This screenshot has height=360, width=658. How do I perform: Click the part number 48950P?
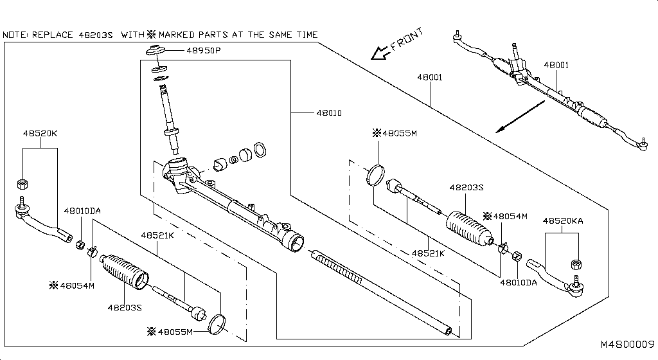203,50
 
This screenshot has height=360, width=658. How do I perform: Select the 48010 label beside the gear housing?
328,113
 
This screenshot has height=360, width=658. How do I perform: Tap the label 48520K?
40,133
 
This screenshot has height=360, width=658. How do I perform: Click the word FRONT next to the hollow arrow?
407,39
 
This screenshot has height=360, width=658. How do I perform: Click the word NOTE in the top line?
15,34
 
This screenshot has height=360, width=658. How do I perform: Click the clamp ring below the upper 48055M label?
375,175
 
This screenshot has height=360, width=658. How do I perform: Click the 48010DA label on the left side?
82,210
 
